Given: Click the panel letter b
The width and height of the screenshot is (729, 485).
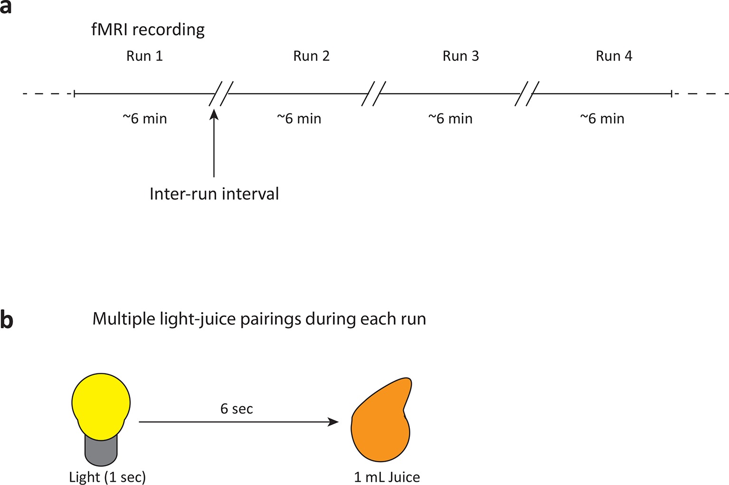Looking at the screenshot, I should tap(6, 319).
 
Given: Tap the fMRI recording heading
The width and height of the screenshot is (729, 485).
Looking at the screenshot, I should tap(148, 30).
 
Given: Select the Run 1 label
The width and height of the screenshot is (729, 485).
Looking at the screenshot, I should tap(144, 56).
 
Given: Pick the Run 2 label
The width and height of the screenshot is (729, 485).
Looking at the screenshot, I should tap(311, 56).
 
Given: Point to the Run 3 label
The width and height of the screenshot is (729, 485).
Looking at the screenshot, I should tap(461, 56).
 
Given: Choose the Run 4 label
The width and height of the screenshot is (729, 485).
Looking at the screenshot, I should tap(614, 56).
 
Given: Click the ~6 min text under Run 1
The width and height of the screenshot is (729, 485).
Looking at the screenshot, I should tap(145, 119).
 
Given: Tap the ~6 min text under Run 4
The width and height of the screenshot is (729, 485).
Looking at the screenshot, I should tap(602, 119).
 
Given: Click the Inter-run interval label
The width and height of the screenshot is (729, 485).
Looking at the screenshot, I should tap(214, 194).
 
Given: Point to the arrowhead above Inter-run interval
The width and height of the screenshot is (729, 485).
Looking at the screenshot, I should tap(214, 114).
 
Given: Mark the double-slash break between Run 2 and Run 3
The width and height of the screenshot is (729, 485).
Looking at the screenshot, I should tap(373, 94).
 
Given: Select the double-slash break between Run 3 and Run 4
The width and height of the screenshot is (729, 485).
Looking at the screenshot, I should tap(527, 94).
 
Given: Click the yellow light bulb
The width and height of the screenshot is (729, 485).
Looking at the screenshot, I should tap(101, 404).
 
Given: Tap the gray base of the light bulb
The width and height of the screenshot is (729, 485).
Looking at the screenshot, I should tap(101, 451).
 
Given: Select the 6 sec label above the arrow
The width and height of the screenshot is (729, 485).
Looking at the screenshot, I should tap(237, 409).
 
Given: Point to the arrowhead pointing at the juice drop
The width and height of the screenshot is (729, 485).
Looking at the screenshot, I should tap(334, 421).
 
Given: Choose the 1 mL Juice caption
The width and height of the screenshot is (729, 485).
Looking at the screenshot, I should tap(387, 477).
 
